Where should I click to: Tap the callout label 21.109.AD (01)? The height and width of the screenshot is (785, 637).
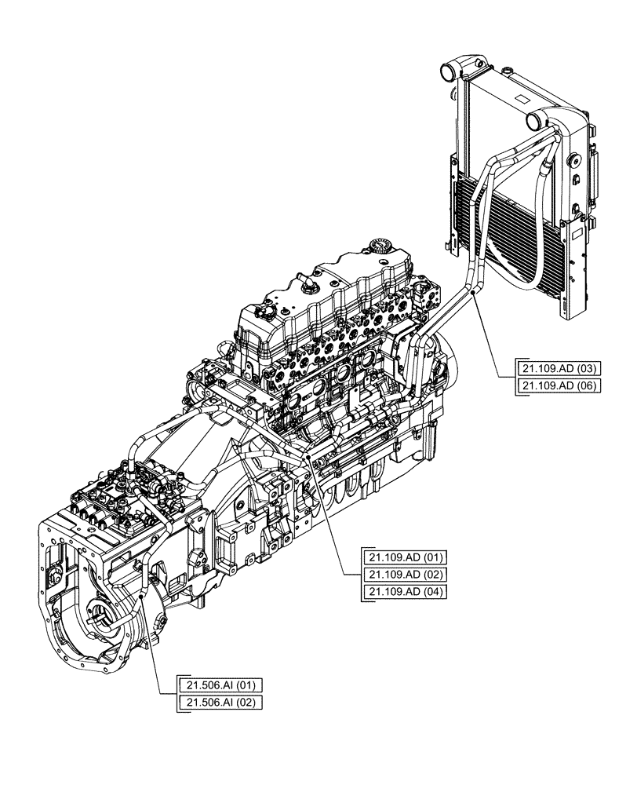[x=405, y=557]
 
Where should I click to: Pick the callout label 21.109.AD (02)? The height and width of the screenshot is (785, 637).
[x=405, y=575]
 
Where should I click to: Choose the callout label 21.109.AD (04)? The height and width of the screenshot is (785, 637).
[x=405, y=592]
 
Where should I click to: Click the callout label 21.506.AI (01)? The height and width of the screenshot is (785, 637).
[x=220, y=685]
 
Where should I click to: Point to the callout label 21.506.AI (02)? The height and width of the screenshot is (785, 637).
[x=220, y=702]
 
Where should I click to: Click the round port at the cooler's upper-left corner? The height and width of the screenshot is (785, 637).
[x=446, y=73]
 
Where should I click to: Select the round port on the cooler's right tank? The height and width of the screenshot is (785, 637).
[x=538, y=120]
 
